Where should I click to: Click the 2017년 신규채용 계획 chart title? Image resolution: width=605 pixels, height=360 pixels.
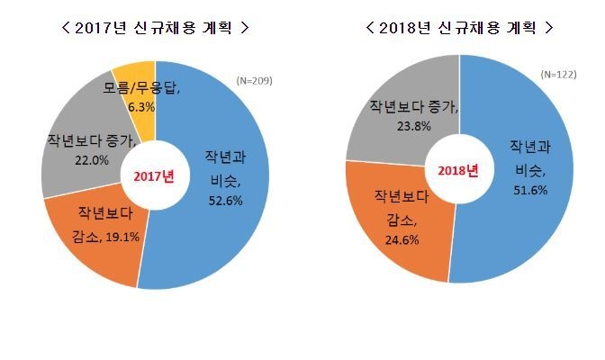click(x=154, y=28)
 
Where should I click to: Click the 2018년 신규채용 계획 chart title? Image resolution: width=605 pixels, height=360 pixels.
click(x=459, y=28)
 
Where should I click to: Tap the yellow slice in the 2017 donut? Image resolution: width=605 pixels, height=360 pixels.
click(x=133, y=74)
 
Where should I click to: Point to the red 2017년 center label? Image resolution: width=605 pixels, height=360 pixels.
click(x=154, y=175)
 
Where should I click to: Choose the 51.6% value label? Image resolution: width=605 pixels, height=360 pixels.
click(x=528, y=188)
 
